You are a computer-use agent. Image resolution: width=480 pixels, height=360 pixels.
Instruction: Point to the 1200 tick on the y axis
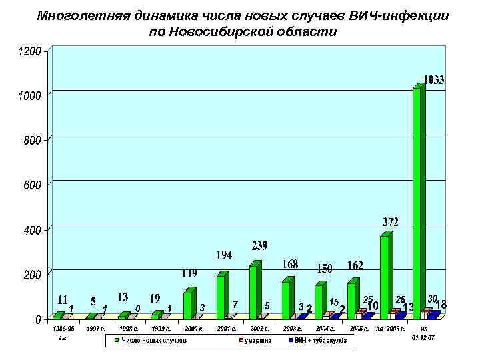click(29, 50)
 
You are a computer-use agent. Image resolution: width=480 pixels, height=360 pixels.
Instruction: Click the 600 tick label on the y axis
click(29, 185)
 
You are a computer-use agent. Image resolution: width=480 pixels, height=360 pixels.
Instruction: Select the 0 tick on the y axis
click(37, 319)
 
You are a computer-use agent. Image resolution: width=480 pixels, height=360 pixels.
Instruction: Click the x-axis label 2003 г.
click(295, 329)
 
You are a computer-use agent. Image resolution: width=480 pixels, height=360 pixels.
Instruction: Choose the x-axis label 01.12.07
click(423, 337)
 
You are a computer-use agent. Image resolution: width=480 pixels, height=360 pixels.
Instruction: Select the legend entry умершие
click(256, 341)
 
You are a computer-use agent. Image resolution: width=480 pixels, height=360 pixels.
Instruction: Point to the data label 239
click(260, 246)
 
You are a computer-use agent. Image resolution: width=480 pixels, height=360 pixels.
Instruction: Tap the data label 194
click(223, 255)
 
